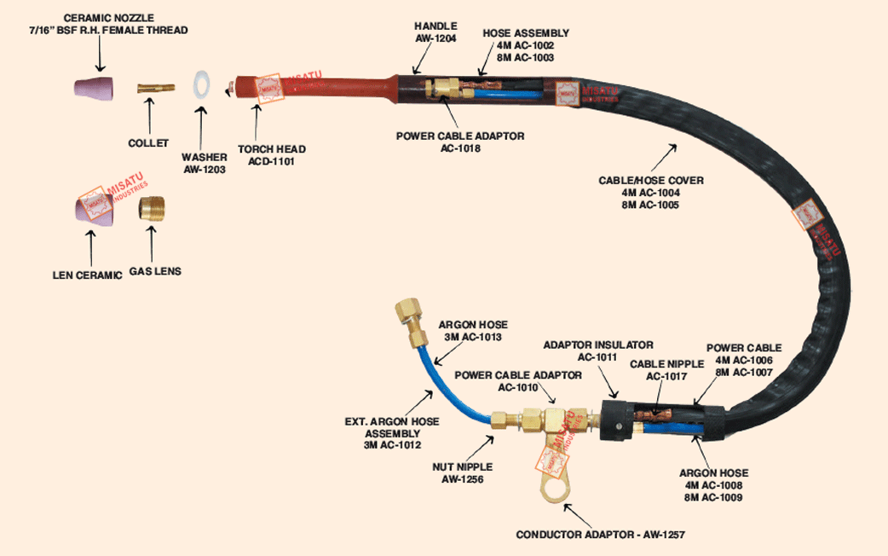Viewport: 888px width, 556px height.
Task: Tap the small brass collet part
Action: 156,87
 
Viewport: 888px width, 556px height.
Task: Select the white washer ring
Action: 202,86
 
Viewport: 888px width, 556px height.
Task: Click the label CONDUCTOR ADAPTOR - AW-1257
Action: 601,535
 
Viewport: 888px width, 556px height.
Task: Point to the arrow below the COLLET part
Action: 152,113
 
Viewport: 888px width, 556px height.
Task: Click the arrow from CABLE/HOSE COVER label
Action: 666,156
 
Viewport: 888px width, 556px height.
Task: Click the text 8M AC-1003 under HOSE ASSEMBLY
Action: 526,57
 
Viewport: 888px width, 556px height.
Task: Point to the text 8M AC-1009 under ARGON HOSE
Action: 712,496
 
